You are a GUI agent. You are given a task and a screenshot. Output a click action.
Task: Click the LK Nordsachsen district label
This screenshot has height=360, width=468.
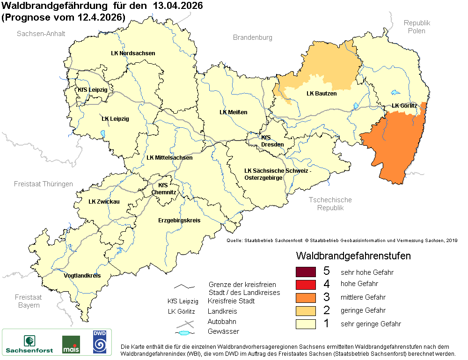click(133, 53)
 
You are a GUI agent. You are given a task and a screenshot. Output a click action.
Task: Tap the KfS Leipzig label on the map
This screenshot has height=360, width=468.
click(93, 89)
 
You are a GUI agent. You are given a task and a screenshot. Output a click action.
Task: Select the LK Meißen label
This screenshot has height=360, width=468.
click(233, 112)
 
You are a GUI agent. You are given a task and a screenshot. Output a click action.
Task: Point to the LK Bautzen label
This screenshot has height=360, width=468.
click(322, 94)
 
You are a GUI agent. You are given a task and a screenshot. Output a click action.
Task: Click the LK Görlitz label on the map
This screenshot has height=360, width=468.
click(404, 106)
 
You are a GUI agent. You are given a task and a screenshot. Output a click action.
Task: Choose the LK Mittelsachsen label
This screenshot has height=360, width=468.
click(169, 158)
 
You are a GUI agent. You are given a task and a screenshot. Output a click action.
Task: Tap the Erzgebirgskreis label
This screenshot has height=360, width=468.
click(179, 220)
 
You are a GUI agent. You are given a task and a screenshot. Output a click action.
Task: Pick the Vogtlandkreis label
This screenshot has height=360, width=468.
click(82, 276)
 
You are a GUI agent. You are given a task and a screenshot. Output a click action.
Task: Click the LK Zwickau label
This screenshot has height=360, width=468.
click(104, 202)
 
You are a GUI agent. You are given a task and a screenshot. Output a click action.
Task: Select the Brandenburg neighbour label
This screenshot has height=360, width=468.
click(252, 37)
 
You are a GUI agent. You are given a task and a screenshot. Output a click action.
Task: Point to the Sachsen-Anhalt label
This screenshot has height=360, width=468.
click(41, 34)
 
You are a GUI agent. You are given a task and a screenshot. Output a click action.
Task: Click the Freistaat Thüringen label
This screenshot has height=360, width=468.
click(44, 184)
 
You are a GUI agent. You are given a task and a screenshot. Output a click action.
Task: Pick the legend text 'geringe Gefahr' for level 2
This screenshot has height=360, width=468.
click(363, 310)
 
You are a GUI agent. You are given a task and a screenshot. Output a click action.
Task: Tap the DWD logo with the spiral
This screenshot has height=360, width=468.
click(99, 342)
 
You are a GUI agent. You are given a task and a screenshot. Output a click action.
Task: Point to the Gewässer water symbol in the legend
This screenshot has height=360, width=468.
click(185, 333)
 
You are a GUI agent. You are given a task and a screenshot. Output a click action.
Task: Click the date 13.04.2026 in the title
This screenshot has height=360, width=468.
click(176, 7)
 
